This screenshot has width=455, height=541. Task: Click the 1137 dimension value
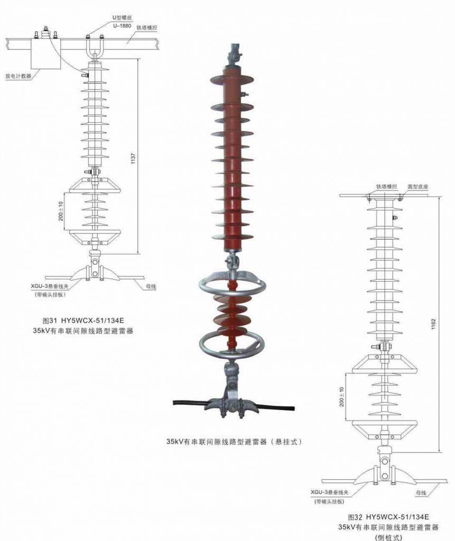[133, 158]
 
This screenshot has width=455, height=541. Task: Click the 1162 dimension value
[433, 324]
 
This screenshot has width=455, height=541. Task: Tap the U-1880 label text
[122, 26]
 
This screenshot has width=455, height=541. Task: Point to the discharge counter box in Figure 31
[47, 53]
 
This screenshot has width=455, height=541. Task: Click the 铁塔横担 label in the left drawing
[147, 27]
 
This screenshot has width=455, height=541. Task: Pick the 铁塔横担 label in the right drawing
[387, 186]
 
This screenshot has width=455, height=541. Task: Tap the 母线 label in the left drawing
[151, 286]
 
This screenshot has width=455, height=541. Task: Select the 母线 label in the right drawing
[421, 493]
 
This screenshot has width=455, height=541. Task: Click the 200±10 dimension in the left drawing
[61, 211]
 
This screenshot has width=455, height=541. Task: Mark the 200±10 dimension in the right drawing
[342, 397]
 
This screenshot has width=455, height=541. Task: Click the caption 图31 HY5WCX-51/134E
[83, 320]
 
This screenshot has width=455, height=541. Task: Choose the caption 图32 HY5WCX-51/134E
[388, 517]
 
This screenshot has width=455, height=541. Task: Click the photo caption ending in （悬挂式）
[234, 442]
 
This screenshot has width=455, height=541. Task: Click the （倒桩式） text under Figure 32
[388, 537]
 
